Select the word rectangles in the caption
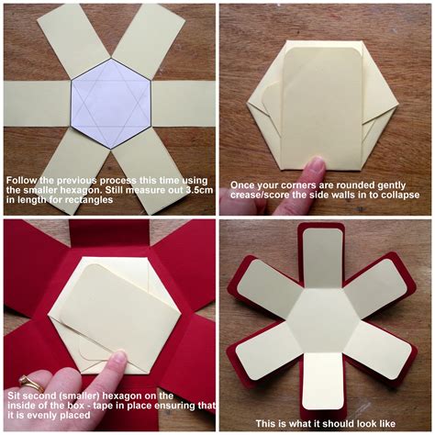(92, 199)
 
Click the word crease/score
(253, 194)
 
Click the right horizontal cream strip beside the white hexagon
(184, 103)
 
